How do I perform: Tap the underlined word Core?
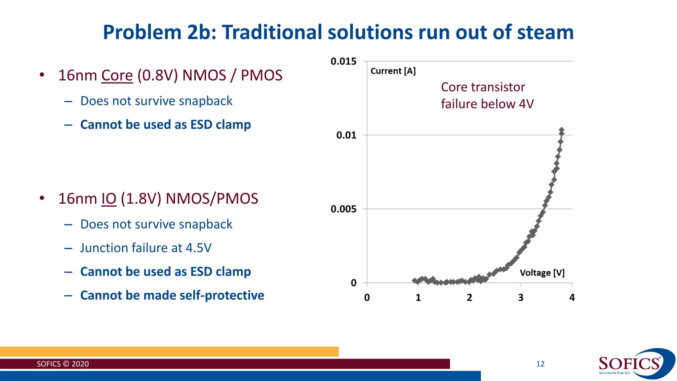click(117, 75)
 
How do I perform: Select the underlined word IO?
click(109, 199)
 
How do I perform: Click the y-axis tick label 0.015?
click(343, 61)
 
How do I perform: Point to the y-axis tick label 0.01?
click(346, 135)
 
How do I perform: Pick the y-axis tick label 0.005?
click(343, 209)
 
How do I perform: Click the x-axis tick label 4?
click(572, 298)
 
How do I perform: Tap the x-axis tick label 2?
click(469, 298)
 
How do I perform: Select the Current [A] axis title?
click(393, 71)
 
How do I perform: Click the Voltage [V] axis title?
click(542, 273)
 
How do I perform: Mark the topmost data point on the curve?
click(561, 130)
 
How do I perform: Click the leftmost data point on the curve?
click(415, 280)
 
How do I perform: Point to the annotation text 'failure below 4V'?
click(487, 104)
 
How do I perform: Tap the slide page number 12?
click(540, 364)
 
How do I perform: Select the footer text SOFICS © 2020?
click(63, 364)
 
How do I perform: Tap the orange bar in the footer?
click(169, 352)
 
